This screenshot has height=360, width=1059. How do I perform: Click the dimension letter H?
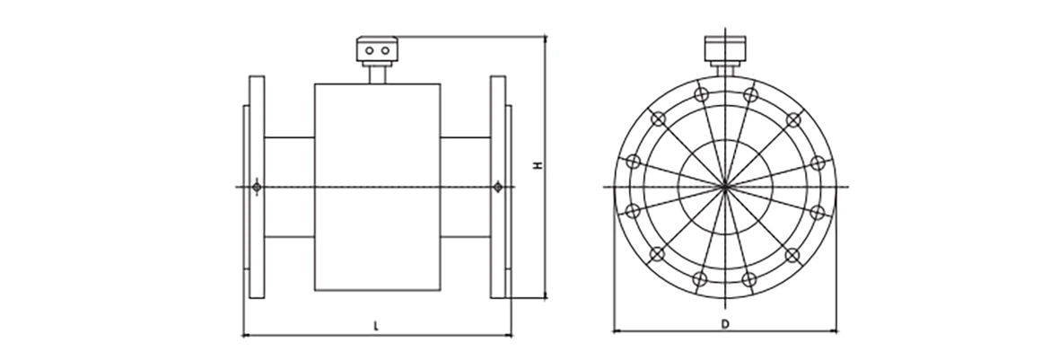pyautogui.click(x=538, y=166)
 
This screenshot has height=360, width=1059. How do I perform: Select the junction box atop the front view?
pyautogui.click(x=724, y=46)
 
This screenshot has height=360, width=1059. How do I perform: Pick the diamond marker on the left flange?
pyautogui.click(x=258, y=187)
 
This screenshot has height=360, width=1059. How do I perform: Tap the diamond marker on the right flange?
pyautogui.click(x=498, y=187)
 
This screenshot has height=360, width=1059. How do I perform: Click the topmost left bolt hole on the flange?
pyautogui.click(x=701, y=94)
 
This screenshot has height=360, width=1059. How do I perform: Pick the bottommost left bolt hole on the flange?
pyautogui.click(x=701, y=279)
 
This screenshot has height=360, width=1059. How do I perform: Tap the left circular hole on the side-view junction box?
pyautogui.click(x=369, y=51)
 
